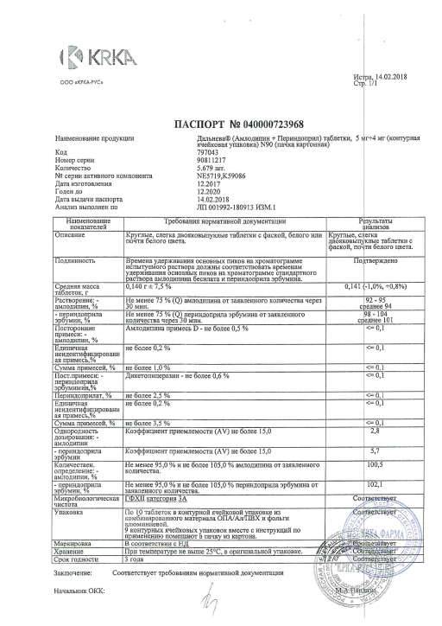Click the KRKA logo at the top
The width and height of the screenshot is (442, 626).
pyautogui.click(x=92, y=57)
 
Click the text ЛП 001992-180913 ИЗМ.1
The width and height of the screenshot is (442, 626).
pyautogui.click(x=223, y=207)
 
